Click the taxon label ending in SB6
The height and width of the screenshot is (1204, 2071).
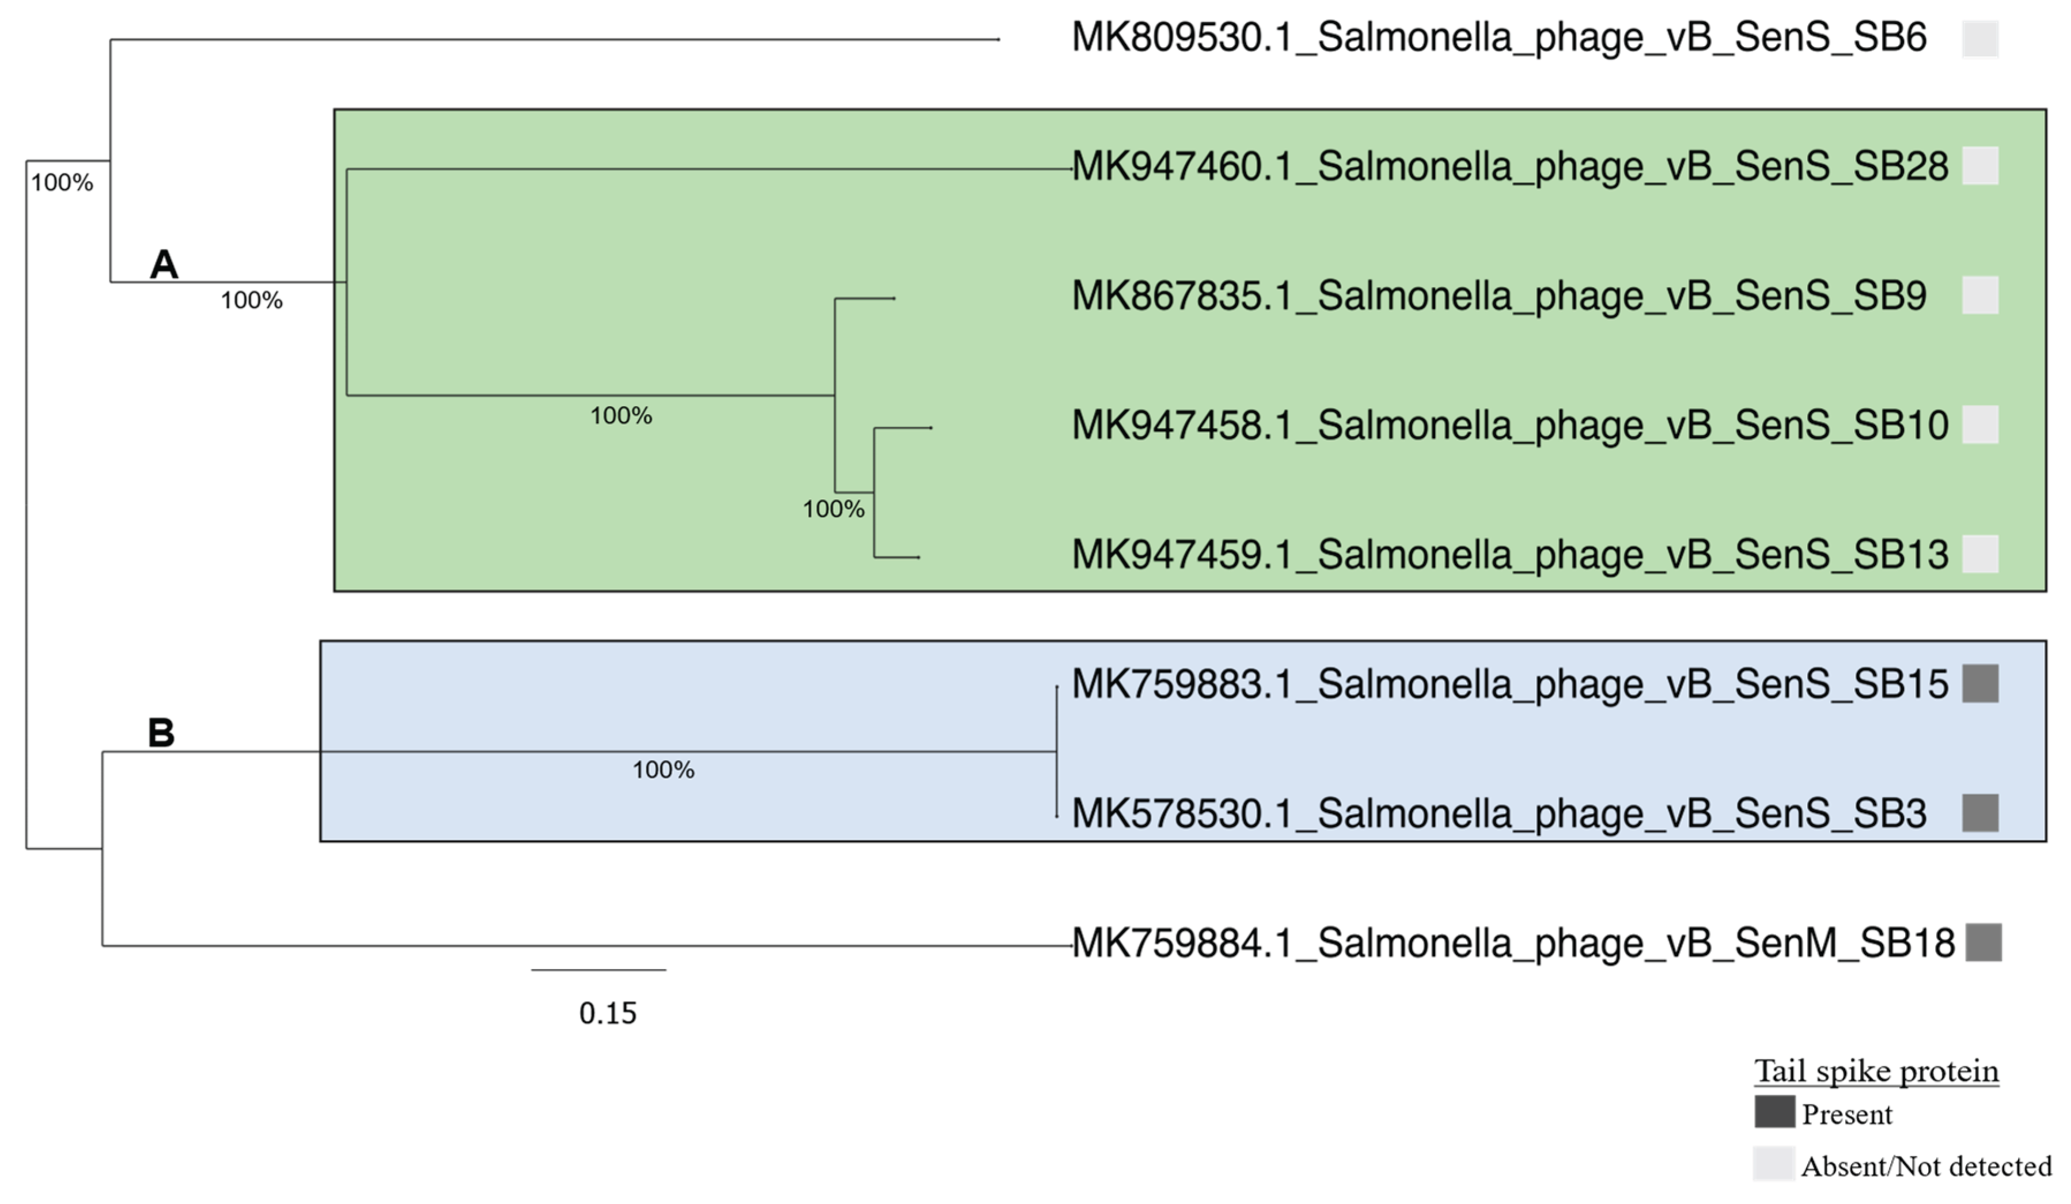(x=1499, y=38)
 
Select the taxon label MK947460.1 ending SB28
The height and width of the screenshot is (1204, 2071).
(x=1509, y=167)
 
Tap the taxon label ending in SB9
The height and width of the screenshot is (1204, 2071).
(x=1499, y=296)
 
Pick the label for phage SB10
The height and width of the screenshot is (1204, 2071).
(x=1509, y=425)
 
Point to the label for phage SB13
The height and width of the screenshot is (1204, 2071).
(x=1509, y=555)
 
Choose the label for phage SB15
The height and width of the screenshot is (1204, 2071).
(x=1509, y=684)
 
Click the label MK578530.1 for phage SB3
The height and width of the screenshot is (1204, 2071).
(x=1499, y=813)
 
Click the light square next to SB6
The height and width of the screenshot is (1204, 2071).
(x=1980, y=39)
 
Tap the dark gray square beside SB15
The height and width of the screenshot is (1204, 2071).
(x=1980, y=684)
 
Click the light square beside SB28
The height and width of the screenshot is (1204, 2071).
(x=1980, y=166)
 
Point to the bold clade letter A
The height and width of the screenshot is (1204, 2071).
(x=164, y=264)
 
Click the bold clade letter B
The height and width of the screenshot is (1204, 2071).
(x=161, y=732)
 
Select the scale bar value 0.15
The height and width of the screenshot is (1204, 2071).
(x=608, y=1013)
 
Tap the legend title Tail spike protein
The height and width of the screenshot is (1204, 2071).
(x=1876, y=1071)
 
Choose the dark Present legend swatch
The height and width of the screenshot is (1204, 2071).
(x=1774, y=1112)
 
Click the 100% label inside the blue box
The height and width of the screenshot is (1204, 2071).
(x=663, y=770)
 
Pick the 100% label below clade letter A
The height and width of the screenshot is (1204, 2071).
(x=252, y=301)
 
